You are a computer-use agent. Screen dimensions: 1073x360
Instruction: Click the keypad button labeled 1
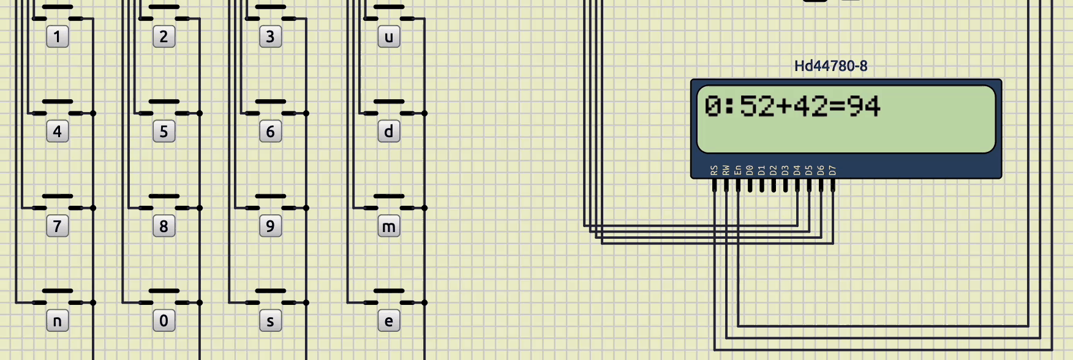click(58, 37)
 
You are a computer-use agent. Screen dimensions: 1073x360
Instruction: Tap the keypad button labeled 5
click(164, 132)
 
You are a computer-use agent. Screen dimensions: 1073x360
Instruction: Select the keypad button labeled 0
click(164, 321)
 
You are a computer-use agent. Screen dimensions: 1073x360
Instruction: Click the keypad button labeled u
click(389, 37)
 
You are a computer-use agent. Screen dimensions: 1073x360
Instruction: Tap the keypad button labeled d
click(389, 132)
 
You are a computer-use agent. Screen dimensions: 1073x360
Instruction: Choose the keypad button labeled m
click(389, 227)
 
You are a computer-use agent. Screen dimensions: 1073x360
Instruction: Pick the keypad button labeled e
click(389, 321)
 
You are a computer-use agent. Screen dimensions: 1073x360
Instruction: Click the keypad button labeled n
click(58, 321)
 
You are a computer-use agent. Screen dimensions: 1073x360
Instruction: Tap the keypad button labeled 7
click(58, 227)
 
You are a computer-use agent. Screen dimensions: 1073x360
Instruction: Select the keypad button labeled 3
click(270, 37)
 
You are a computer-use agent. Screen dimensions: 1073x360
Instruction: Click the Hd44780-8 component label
click(831, 66)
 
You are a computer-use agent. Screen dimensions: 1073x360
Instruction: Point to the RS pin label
click(714, 170)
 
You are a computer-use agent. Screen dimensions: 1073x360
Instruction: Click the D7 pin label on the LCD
click(832, 170)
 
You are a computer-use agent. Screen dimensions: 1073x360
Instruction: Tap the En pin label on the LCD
click(738, 170)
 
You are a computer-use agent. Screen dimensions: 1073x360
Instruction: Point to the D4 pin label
click(797, 170)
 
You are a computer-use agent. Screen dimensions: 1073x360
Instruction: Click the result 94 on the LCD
click(864, 107)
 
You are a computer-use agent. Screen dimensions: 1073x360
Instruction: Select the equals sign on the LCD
click(837, 107)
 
